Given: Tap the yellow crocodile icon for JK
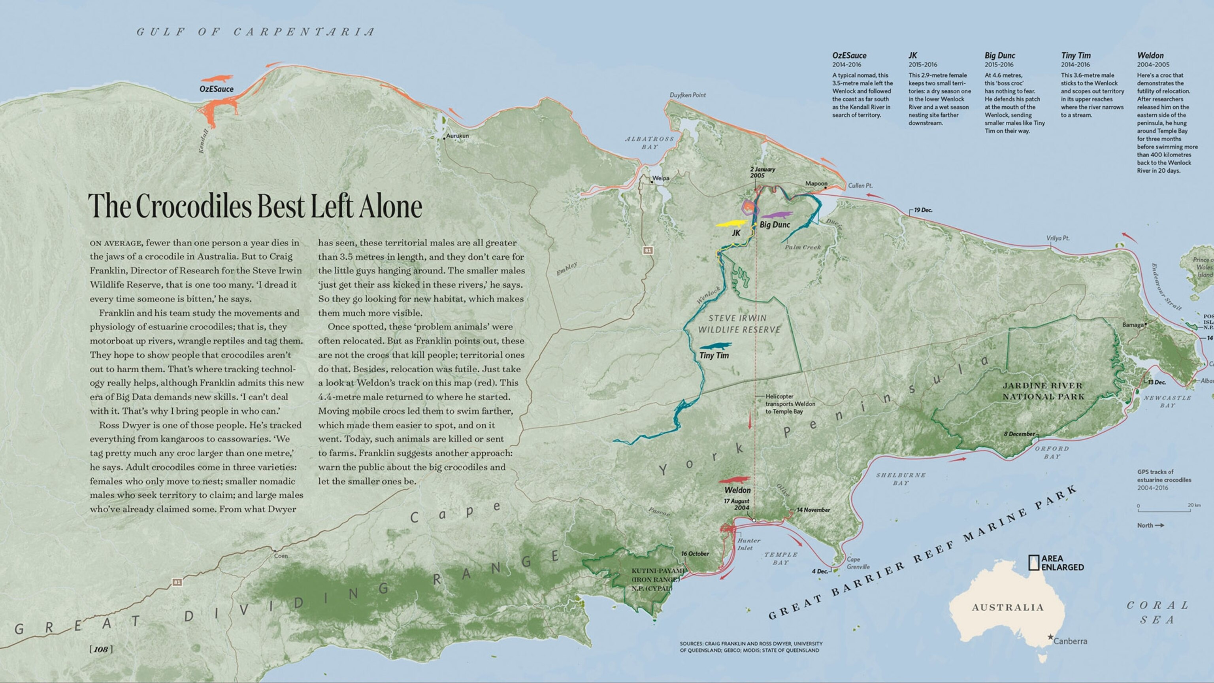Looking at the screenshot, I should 732,223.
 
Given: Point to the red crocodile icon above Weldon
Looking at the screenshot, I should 734,480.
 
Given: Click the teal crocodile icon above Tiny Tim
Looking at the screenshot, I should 715,346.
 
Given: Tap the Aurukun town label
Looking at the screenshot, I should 457,136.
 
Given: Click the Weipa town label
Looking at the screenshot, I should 661,179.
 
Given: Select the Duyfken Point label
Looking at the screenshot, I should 688,95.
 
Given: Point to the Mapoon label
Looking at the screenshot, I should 816,183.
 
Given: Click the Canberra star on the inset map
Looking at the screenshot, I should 1050,637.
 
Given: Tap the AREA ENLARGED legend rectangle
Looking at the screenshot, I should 1033,563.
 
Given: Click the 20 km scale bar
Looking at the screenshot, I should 1164,511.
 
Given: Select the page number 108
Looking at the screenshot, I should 101,649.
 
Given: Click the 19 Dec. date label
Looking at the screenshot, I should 923,210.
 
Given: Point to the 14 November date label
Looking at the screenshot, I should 813,510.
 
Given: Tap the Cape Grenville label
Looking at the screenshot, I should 858,563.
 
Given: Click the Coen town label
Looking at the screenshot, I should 281,556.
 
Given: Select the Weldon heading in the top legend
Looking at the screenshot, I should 1150,56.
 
